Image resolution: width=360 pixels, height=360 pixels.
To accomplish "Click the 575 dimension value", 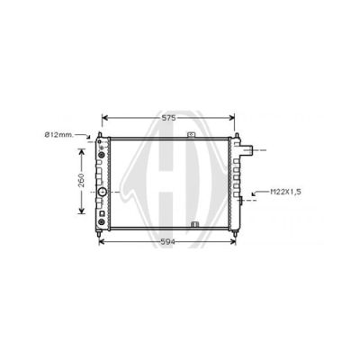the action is [x=168, y=118].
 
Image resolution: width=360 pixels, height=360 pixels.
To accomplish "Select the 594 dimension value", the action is [x=167, y=242].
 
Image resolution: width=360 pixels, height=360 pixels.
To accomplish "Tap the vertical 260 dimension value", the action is [x=81, y=180].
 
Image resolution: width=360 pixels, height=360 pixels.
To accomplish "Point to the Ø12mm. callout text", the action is [x=58, y=135].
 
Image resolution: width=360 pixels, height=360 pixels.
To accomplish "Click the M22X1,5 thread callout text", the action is [x=285, y=192].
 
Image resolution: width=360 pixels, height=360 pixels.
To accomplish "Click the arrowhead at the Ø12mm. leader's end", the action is [x=88, y=137].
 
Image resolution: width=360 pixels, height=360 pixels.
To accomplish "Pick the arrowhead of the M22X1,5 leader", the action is [x=254, y=193].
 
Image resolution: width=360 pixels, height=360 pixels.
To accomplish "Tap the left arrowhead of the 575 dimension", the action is [x=104, y=118].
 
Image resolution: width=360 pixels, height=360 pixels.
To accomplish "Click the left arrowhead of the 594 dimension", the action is [x=102, y=242].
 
